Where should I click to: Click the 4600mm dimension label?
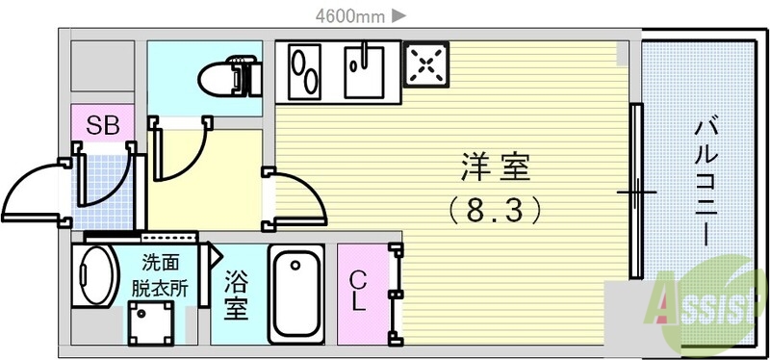[349, 14]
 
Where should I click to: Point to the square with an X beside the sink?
[424, 64]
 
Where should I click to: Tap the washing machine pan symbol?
[152, 320]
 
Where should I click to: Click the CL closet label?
[358, 291]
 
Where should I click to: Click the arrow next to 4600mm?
[399, 14]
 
